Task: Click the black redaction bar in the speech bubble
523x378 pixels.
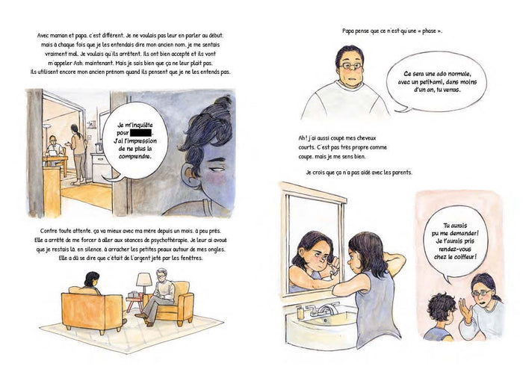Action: pyautogui.click(x=140, y=132)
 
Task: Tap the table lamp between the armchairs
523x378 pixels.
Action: pyautogui.click(x=144, y=283)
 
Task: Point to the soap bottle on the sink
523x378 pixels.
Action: pyautogui.click(x=300, y=312)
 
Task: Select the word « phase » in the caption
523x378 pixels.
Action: pyautogui.click(x=430, y=31)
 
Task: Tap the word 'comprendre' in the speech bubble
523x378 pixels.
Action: pyautogui.click(x=134, y=156)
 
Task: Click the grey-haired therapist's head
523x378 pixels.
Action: pyautogui.click(x=162, y=276)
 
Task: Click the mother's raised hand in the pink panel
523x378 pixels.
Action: pyautogui.click(x=465, y=311)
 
